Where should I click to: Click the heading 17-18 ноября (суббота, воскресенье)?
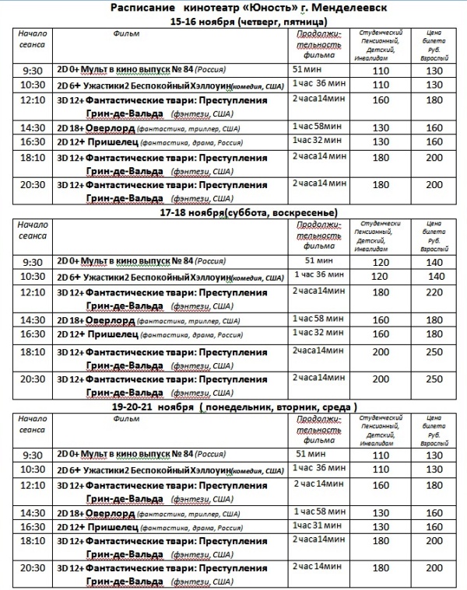pos(248,212)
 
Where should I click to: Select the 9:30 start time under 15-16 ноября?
pos(33,71)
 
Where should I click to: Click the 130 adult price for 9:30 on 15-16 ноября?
pos(434,71)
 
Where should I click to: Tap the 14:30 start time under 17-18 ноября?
pos(33,319)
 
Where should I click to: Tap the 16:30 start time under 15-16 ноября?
pos(33,142)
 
